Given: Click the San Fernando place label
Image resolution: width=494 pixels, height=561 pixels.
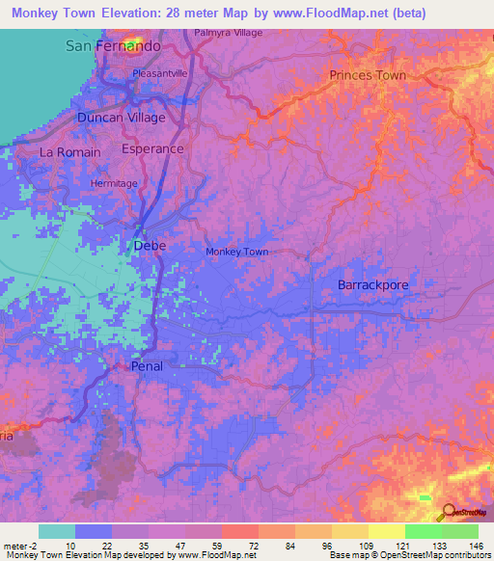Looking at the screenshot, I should (x=112, y=45).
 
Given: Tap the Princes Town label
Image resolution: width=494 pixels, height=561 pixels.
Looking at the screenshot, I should (x=368, y=75).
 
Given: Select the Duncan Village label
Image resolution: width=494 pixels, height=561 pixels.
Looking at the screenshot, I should (x=122, y=118).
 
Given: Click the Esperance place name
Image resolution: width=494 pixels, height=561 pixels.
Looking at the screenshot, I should (x=152, y=149).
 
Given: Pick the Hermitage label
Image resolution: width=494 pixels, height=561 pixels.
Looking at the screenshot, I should (x=114, y=183).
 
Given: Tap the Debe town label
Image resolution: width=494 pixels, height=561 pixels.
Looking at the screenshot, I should (x=150, y=246).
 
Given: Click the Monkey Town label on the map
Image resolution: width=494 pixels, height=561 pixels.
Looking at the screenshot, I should (x=236, y=253).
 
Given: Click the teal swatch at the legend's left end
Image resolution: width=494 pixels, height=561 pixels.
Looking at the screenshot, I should (x=57, y=531).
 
